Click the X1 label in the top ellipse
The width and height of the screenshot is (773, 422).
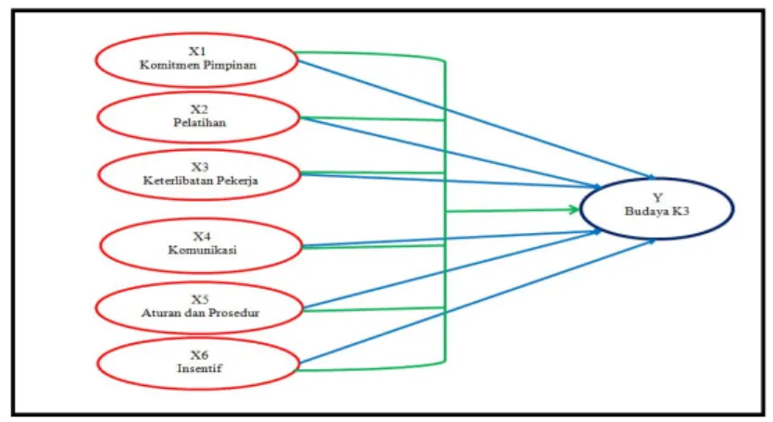[197, 51]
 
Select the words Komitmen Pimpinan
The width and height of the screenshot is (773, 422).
[198, 65]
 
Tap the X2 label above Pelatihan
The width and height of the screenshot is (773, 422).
[200, 109]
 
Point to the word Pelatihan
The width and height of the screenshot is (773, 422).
[200, 122]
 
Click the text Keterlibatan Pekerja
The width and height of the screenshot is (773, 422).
[201, 180]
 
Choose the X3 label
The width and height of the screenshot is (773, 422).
[200, 168]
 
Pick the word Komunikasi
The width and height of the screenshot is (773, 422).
[202, 250]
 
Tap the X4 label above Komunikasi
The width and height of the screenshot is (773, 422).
[202, 237]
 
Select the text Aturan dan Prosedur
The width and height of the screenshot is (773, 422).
[201, 313]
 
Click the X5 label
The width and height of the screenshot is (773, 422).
[200, 299]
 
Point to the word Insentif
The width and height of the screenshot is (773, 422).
[200, 368]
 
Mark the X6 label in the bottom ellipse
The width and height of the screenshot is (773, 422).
[200, 355]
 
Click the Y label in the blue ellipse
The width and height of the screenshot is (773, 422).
[657, 198]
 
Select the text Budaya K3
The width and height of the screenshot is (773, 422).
[657, 211]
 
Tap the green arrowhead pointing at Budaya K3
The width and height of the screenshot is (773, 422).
[574, 209]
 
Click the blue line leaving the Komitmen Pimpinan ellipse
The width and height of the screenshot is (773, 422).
[477, 119]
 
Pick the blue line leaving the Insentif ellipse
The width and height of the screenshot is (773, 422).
[477, 301]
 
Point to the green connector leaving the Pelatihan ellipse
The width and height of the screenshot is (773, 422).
[373, 118]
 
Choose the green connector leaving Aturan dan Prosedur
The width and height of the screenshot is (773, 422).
[374, 310]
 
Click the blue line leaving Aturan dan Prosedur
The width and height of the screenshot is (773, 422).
[452, 269]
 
